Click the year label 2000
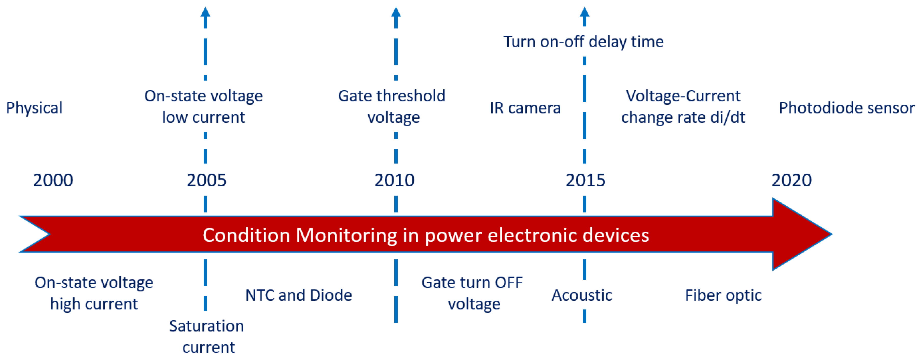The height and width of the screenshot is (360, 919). (x=53, y=180)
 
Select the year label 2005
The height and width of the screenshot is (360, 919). (x=206, y=180)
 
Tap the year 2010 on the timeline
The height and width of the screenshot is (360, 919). (x=394, y=180)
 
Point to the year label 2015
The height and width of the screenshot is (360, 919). (x=586, y=180)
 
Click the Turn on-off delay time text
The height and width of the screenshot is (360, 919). (x=583, y=42)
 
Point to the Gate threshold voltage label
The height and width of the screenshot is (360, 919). (x=392, y=106)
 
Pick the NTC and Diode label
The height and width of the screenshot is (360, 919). (x=299, y=295)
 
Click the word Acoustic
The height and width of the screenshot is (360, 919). (x=581, y=295)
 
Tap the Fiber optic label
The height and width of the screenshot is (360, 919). (x=723, y=295)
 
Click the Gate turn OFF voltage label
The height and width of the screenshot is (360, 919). (x=472, y=293)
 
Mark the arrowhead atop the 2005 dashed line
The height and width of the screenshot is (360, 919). (x=205, y=12)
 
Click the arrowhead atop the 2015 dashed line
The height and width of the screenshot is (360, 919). (x=584, y=12)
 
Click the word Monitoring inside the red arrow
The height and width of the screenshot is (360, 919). (x=346, y=236)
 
